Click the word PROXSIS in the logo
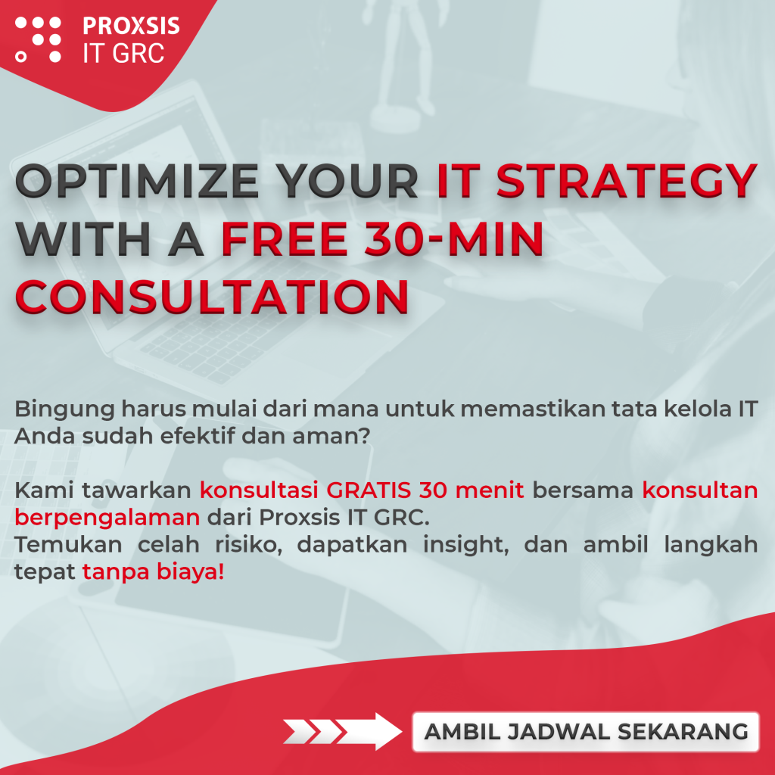131,26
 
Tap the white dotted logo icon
38,39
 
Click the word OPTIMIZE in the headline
137,181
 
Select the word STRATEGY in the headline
627,181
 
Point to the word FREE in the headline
284,239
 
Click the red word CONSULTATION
212,297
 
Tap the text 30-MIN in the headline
454,239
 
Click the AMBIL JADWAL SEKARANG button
586,732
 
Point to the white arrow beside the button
343,732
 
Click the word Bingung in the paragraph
65,409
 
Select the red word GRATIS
369,490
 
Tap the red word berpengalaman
107,518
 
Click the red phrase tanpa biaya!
153,572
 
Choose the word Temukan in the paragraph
68,545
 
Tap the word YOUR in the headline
347,181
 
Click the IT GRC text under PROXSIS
123,54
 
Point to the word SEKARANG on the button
683,732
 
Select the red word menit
490,490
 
